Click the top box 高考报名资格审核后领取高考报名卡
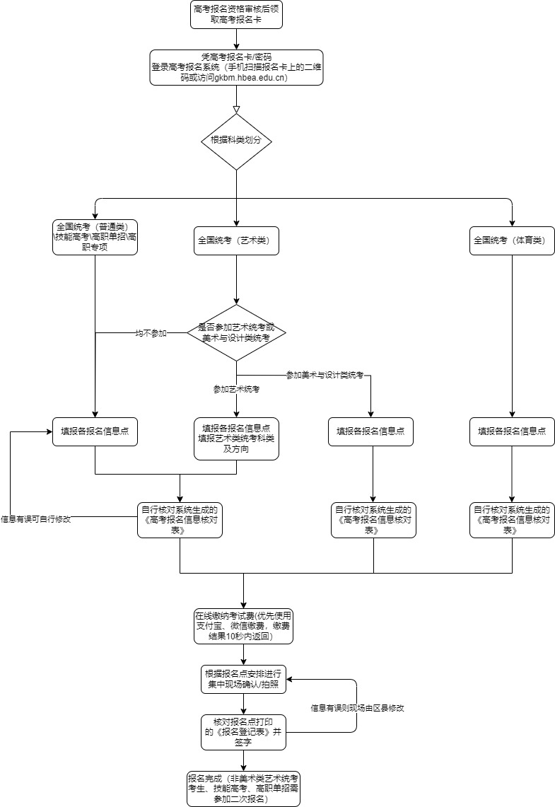(x=236, y=15)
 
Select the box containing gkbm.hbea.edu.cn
(x=236, y=67)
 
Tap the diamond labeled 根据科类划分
(x=236, y=141)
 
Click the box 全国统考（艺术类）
(x=236, y=240)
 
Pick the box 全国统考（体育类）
(x=512, y=240)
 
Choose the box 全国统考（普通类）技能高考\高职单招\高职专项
(x=95, y=237)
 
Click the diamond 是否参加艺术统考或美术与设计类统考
(x=236, y=332)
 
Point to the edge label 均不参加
(x=151, y=333)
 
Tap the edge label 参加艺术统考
(x=236, y=389)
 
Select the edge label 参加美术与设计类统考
(x=325, y=375)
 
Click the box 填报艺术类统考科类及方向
(x=236, y=439)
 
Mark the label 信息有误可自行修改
(x=35, y=518)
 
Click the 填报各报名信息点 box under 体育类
(x=512, y=431)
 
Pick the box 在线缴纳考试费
(x=243, y=626)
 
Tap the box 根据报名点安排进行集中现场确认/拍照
(x=243, y=679)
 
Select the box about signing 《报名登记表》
(x=243, y=732)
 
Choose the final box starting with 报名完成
(x=243, y=788)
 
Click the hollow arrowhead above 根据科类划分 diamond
(x=236, y=109)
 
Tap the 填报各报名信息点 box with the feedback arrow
(x=95, y=431)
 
